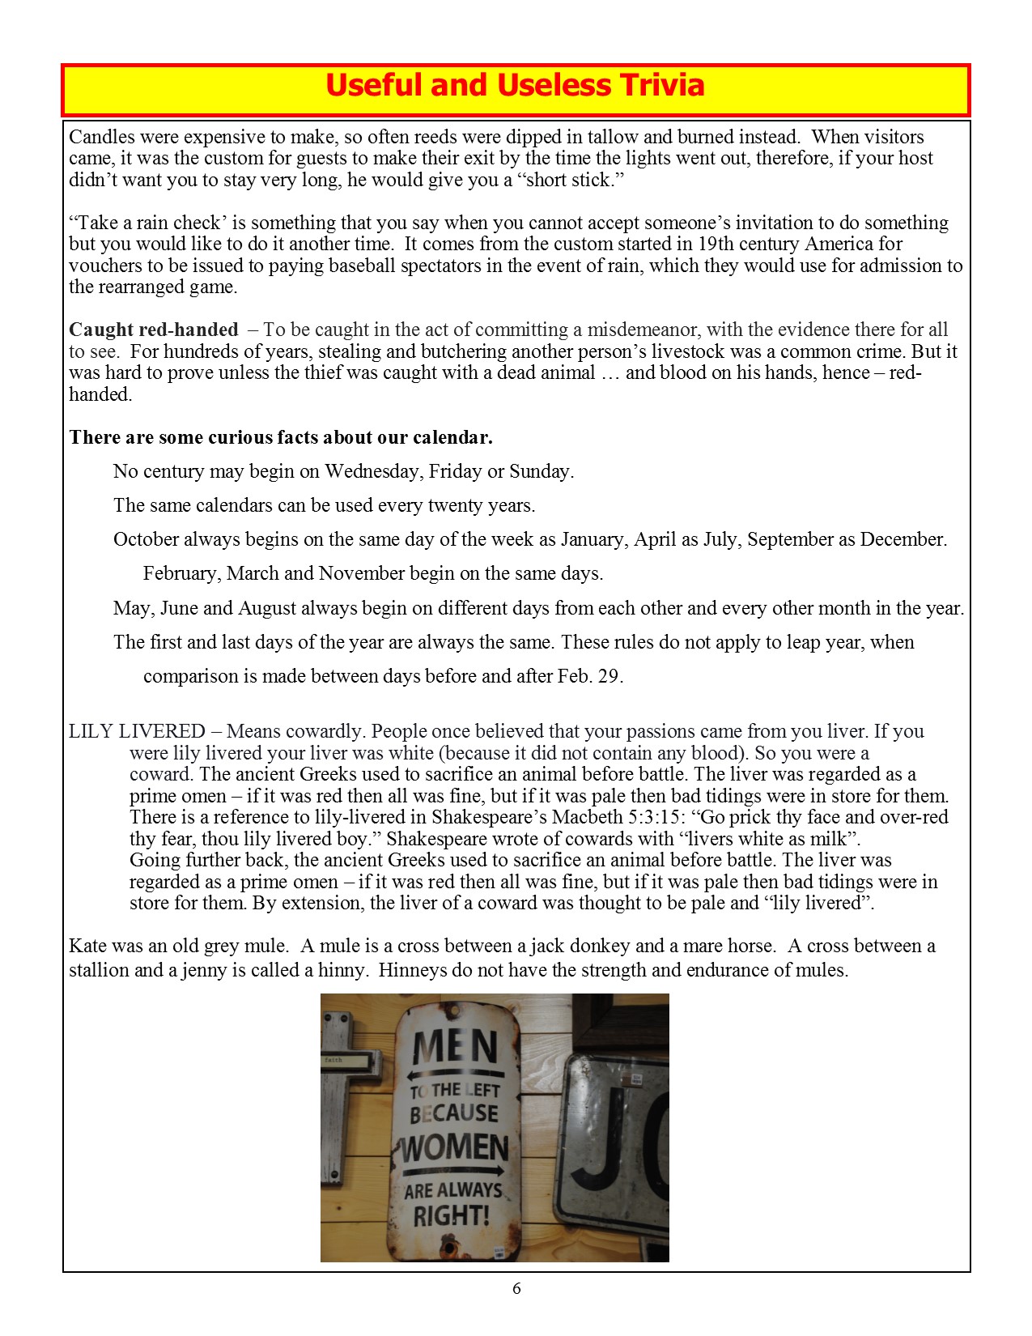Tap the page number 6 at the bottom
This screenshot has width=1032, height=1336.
point(516,1289)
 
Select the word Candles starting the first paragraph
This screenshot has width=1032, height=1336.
point(101,137)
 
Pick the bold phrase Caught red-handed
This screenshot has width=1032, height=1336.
point(154,330)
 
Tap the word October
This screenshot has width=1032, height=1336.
point(146,540)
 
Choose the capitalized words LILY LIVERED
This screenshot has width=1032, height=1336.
point(137,732)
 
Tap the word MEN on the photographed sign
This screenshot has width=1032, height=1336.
point(455,1048)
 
